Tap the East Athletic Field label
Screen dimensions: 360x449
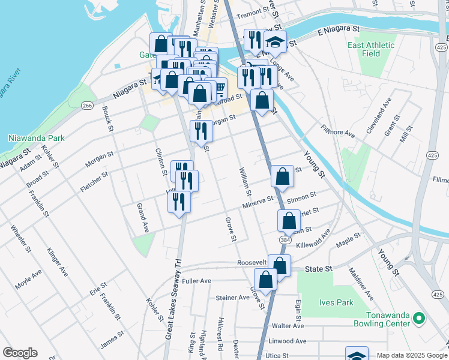click(371, 49)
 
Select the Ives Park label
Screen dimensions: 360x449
click(337, 302)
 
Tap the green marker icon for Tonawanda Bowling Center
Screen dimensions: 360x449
click(420, 318)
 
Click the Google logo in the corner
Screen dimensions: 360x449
click(20, 353)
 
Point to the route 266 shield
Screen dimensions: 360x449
click(87, 106)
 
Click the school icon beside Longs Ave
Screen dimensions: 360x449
click(275, 42)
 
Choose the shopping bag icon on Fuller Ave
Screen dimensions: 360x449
click(265, 280)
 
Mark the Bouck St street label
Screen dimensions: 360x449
click(107, 119)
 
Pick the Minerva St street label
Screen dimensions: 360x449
click(258, 202)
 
